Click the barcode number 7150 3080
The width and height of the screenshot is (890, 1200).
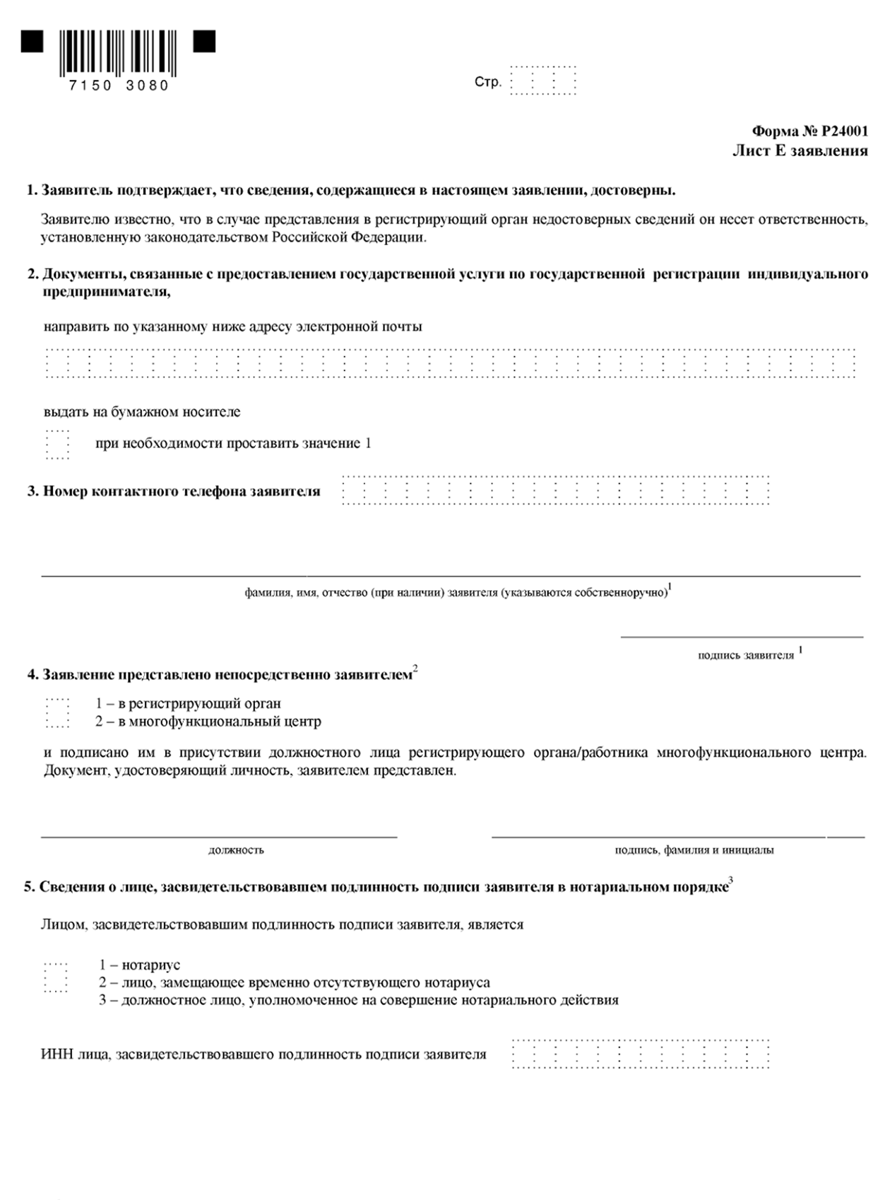(x=119, y=86)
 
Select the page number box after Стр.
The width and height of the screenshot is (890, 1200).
(x=542, y=81)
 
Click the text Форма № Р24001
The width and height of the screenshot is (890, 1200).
(x=809, y=131)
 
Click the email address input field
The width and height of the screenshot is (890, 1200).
(x=450, y=363)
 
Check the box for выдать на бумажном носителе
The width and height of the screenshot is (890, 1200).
(x=57, y=444)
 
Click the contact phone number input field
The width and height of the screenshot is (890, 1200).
(x=555, y=490)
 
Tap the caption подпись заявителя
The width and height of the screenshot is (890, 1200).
(x=746, y=655)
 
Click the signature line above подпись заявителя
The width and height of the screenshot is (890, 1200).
(x=742, y=637)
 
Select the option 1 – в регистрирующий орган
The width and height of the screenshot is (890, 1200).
(x=57, y=704)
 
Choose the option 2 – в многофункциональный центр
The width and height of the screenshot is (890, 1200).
(x=57, y=722)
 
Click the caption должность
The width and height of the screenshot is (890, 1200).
(x=236, y=849)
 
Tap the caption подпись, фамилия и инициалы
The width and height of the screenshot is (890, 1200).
(x=694, y=849)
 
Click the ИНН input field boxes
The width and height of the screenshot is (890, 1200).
(x=640, y=1054)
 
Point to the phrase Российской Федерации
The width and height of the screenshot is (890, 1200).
(x=350, y=237)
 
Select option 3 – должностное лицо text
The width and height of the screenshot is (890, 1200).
(x=358, y=1000)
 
